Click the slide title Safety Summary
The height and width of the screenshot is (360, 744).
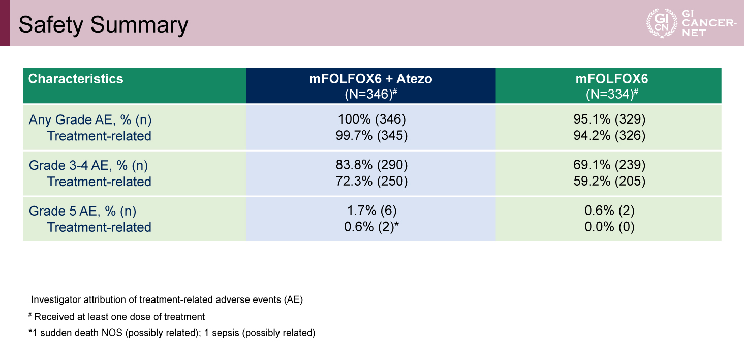(x=103, y=25)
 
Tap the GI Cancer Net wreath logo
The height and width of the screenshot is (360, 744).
(x=662, y=23)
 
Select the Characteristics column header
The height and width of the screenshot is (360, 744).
(x=76, y=79)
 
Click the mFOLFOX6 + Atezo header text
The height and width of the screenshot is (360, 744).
(x=370, y=79)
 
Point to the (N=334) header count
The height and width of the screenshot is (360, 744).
(x=612, y=94)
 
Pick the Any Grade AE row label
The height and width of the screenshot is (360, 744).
(x=90, y=119)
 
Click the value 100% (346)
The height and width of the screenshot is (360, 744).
(x=371, y=119)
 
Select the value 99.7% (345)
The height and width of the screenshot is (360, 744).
(x=371, y=136)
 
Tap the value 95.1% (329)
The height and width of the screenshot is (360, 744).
(x=609, y=119)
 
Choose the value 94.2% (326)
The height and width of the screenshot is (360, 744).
(x=609, y=136)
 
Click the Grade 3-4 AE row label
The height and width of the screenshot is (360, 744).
(x=88, y=165)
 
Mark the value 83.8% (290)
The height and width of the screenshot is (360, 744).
(x=371, y=165)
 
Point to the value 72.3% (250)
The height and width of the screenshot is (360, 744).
(x=371, y=181)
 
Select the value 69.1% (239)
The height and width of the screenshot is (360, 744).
(x=609, y=165)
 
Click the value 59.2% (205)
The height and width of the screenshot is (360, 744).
(x=609, y=181)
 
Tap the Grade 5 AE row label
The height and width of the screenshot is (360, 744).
(x=83, y=211)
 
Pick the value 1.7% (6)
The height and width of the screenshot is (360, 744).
(x=371, y=211)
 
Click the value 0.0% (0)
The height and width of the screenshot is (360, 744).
(x=609, y=227)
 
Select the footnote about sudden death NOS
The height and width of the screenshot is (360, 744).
(x=172, y=333)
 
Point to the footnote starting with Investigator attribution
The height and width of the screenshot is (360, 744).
(x=167, y=300)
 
